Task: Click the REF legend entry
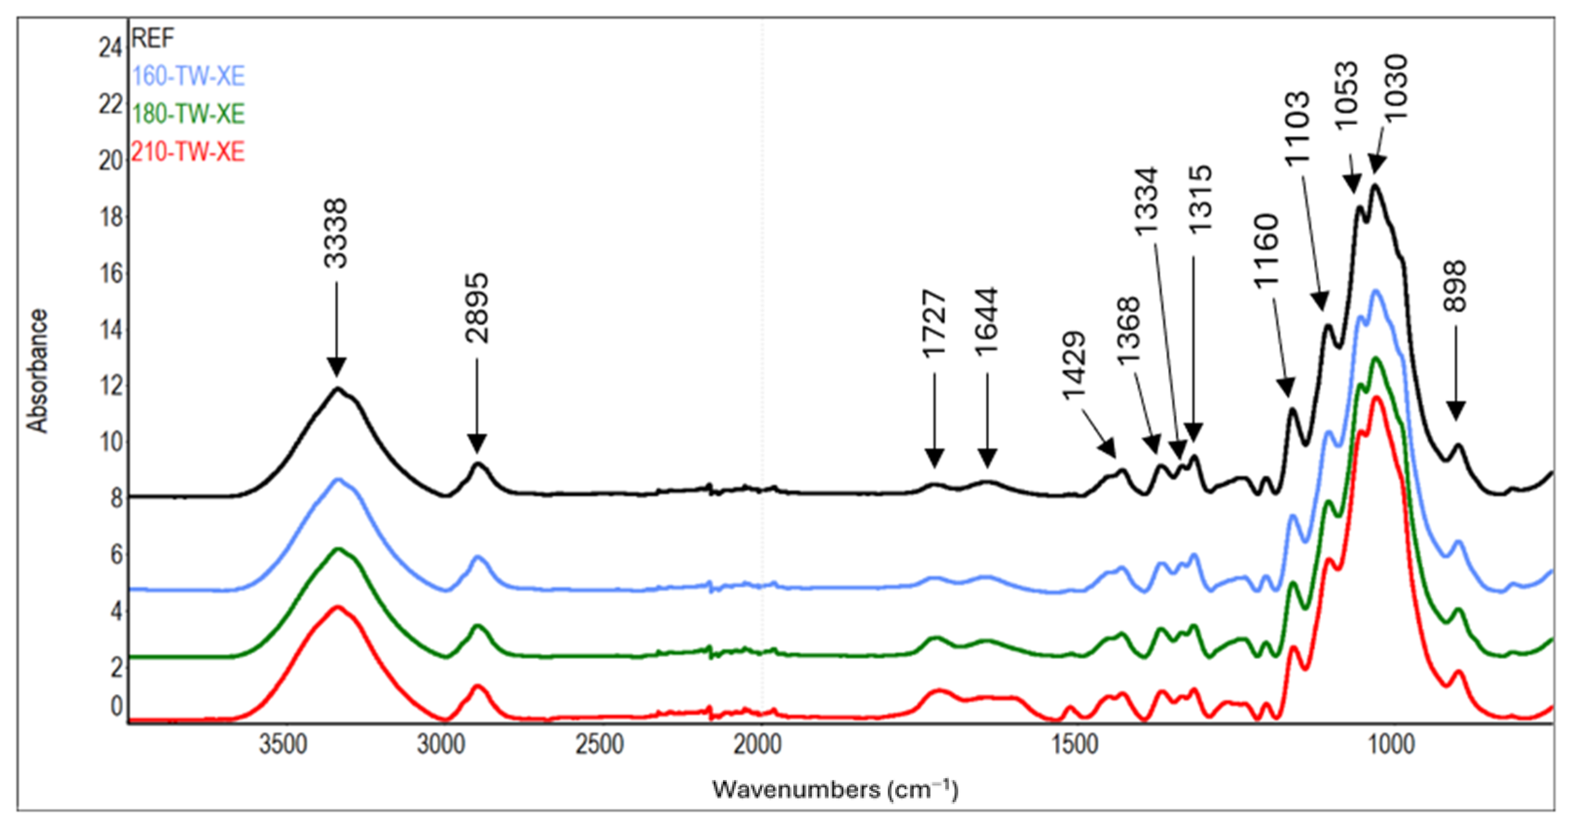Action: [153, 38]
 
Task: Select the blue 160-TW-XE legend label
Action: [188, 76]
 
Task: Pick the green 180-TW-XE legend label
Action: [188, 114]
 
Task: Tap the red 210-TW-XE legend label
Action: [188, 152]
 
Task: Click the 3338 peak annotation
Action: [336, 234]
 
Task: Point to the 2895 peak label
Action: [477, 308]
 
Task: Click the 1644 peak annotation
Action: [987, 321]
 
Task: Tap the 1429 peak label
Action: [1074, 365]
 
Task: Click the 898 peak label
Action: [1456, 286]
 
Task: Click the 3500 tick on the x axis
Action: [283, 744]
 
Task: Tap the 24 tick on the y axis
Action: [111, 48]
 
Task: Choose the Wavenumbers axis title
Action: [835, 790]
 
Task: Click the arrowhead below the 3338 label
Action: [336, 368]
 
